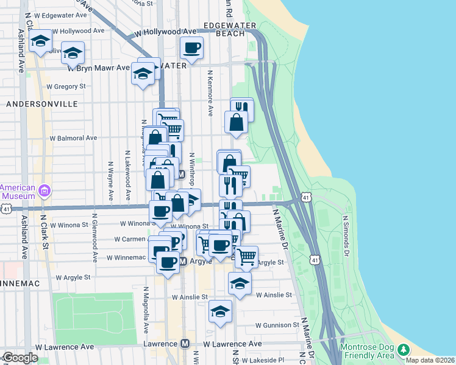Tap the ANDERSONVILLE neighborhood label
42,104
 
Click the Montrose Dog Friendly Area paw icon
403,350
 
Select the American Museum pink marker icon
44,192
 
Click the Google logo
20,358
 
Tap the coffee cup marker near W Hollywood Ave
191,47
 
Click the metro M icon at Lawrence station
185,344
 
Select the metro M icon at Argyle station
183,261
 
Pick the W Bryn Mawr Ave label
99,68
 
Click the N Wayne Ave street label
111,181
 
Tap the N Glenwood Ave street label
95,238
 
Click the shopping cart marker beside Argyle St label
246,256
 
